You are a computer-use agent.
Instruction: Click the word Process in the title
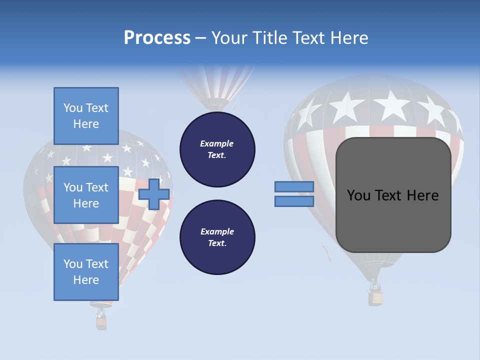(x=157, y=38)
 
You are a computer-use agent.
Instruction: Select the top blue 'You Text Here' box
(x=86, y=116)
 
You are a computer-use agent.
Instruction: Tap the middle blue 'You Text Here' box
(x=86, y=195)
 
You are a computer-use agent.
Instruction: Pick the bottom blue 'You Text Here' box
(x=86, y=272)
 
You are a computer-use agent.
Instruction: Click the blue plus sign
(x=153, y=194)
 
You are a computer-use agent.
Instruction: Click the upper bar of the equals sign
(x=294, y=186)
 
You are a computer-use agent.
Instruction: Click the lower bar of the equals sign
(x=294, y=201)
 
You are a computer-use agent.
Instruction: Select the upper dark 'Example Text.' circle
(x=217, y=149)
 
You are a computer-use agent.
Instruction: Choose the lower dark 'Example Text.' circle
(x=217, y=237)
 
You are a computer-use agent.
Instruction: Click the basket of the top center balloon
(x=217, y=105)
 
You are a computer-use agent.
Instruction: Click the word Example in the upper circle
(x=217, y=144)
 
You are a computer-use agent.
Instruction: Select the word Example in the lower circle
(x=217, y=232)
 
